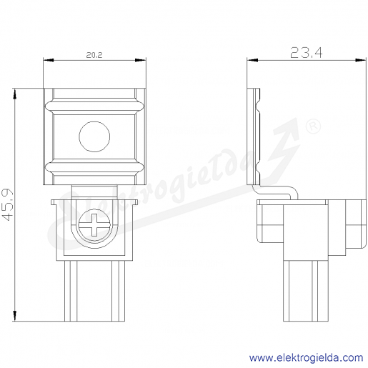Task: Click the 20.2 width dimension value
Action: [x=94, y=55]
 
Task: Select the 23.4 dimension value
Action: [x=307, y=53]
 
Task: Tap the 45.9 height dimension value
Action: [x=8, y=205]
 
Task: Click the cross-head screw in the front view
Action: [x=94, y=225]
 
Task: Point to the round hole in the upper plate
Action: [x=94, y=136]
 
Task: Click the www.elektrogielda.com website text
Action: [x=307, y=357]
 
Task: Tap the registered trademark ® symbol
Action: [x=313, y=126]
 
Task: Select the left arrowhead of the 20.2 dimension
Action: [x=49, y=60]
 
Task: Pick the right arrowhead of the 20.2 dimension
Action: [x=141, y=60]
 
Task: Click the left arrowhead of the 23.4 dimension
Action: [x=252, y=60]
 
